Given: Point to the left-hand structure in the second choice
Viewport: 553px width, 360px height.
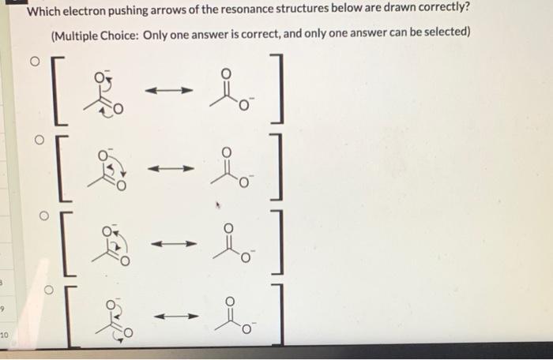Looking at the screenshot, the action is [110, 168].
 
